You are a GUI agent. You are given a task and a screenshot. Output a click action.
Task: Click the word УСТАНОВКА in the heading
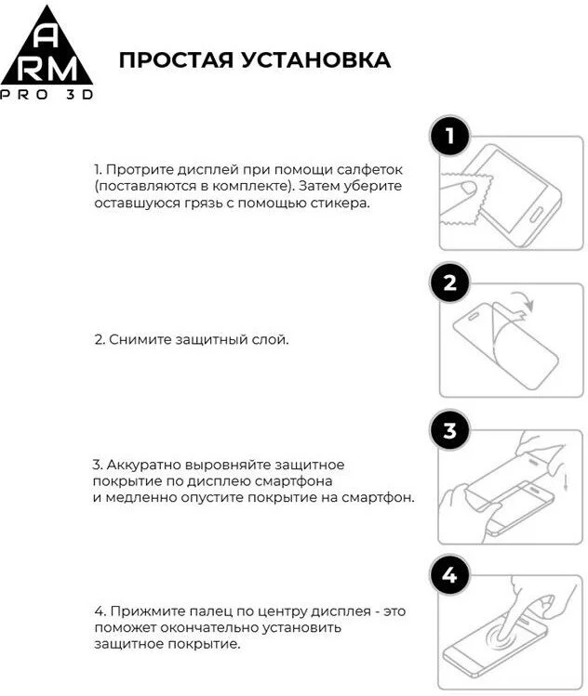click(x=315, y=60)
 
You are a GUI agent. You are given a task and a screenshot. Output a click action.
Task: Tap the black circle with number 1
click(x=450, y=138)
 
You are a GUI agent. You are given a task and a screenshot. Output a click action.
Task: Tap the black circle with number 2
click(x=450, y=283)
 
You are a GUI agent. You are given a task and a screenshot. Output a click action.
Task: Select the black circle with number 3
click(x=450, y=430)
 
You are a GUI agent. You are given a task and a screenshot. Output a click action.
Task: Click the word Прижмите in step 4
click(x=142, y=612)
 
